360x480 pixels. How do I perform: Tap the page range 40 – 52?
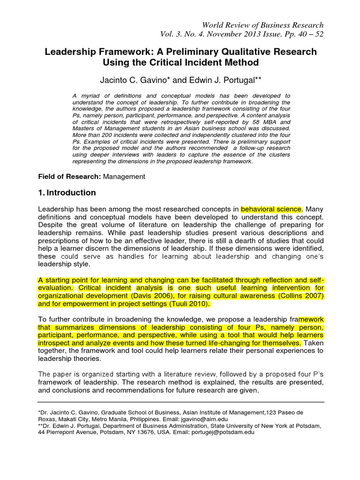pyautogui.click(x=307, y=34)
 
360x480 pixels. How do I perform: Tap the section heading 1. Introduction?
pyautogui.click(x=67, y=193)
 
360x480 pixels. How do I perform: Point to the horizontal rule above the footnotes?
pyautogui.click(x=180, y=402)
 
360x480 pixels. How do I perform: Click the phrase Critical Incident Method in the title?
pyautogui.click(x=210, y=62)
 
